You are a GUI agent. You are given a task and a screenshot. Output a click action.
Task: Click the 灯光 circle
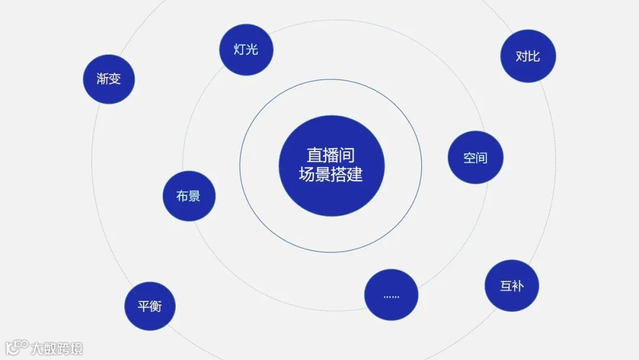[x=246, y=49]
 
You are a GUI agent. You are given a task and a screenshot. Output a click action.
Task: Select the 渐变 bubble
[x=109, y=79]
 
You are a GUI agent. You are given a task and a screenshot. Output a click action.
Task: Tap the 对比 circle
[x=528, y=56]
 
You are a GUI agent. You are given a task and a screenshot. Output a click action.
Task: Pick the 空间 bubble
[x=475, y=157]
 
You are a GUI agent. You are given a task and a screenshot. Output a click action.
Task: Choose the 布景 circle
[x=189, y=196]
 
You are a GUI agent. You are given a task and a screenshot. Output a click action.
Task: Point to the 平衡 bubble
[x=150, y=306]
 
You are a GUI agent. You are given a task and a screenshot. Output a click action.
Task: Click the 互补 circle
[x=512, y=285]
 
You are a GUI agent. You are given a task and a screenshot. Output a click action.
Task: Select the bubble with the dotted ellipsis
[x=391, y=295]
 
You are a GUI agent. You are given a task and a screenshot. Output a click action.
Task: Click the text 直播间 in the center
[x=331, y=155]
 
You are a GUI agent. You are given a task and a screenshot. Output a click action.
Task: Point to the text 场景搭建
[x=331, y=175]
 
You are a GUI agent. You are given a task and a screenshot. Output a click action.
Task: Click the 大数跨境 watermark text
[x=57, y=348]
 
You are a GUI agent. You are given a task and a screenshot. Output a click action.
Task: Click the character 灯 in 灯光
[x=240, y=49]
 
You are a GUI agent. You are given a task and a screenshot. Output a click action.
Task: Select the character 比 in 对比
[x=534, y=56]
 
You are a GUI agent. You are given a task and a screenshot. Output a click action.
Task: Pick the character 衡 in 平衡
[x=156, y=306]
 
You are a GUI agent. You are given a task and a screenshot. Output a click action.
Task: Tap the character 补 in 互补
[x=518, y=286]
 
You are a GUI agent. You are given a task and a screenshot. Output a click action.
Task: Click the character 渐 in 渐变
[x=103, y=79]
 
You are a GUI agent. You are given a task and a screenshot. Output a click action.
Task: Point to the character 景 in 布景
[x=195, y=196]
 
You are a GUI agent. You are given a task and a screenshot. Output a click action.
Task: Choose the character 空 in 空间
[x=469, y=157]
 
